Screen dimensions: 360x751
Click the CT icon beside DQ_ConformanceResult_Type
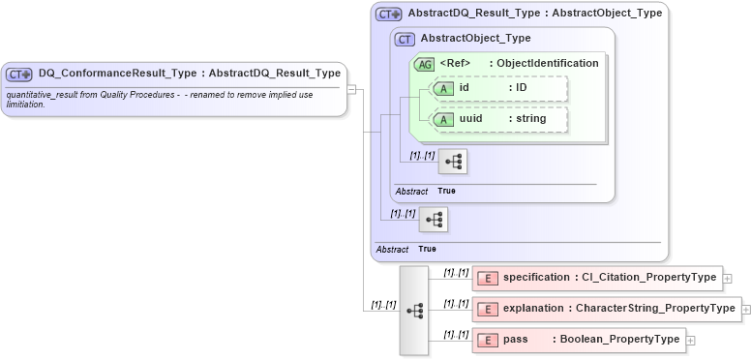point(20,74)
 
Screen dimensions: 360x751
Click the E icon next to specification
point(489,278)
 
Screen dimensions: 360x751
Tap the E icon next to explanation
point(489,310)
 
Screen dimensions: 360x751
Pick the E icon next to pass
point(489,340)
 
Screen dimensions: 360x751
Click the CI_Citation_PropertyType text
point(648,278)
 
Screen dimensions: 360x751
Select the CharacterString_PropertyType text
point(655,310)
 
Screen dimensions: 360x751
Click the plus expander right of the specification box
point(728,279)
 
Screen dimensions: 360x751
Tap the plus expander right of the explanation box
point(746,310)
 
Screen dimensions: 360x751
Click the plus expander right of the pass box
point(691,340)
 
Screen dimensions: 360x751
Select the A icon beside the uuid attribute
point(441,119)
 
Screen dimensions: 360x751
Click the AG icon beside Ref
point(424,64)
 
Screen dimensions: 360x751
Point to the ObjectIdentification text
point(548,64)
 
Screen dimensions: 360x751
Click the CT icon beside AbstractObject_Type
point(406,39)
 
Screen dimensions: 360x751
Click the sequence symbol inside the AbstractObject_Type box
point(452,161)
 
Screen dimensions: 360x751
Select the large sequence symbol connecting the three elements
point(415,310)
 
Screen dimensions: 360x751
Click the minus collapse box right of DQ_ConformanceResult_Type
point(352,89)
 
